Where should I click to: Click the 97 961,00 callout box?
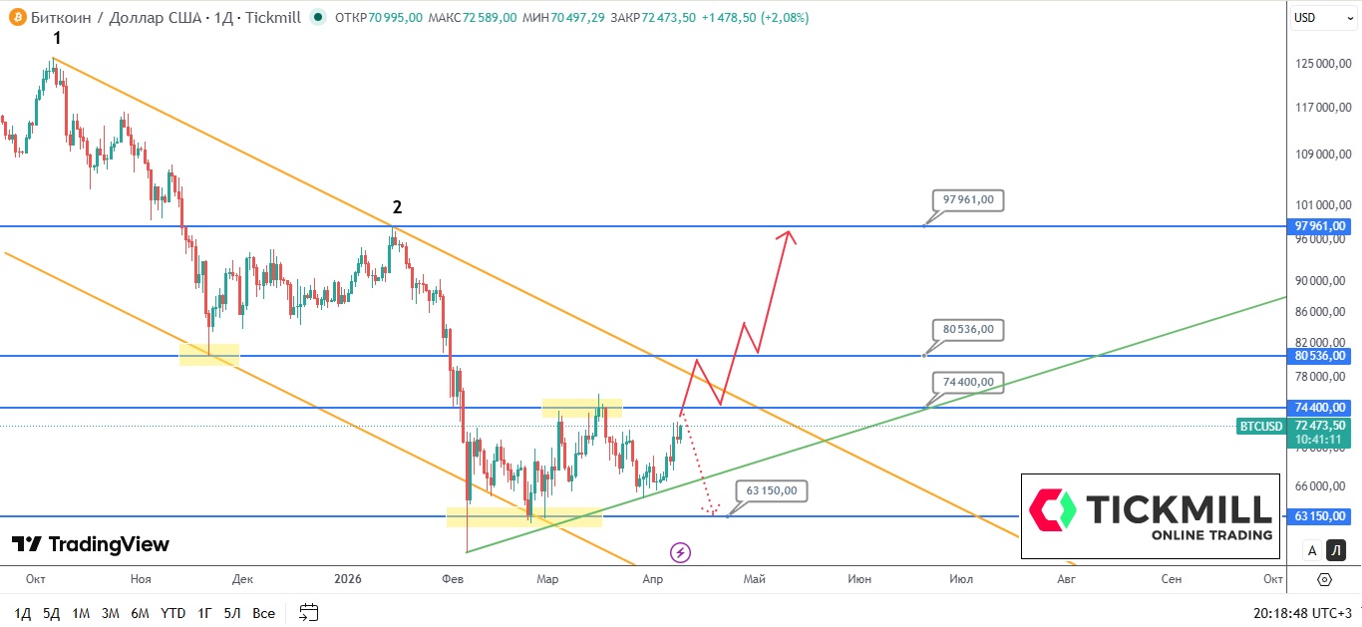pyautogui.click(x=968, y=199)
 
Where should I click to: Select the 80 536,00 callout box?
pyautogui.click(x=968, y=329)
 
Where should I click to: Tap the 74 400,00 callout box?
pyautogui.click(x=968, y=381)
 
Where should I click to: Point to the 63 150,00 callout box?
pyautogui.click(x=772, y=490)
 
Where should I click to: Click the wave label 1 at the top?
pyautogui.click(x=57, y=38)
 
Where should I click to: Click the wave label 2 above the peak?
pyautogui.click(x=397, y=207)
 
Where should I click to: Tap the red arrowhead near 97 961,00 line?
pyautogui.click(x=788, y=235)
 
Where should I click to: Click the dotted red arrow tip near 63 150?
pyautogui.click(x=711, y=512)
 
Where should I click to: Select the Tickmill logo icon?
pyautogui.click(x=1053, y=508)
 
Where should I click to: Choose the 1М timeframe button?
pyautogui.click(x=81, y=613)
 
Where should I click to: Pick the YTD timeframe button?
pyautogui.click(x=172, y=613)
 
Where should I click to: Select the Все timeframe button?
pyautogui.click(x=263, y=613)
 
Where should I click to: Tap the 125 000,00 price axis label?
pyautogui.click(x=1323, y=64)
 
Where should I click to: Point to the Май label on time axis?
pyautogui.click(x=755, y=579)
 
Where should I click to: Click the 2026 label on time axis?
pyautogui.click(x=348, y=579)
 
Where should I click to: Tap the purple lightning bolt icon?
pyautogui.click(x=681, y=552)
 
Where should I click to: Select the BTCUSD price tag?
pyautogui.click(x=1260, y=427)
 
